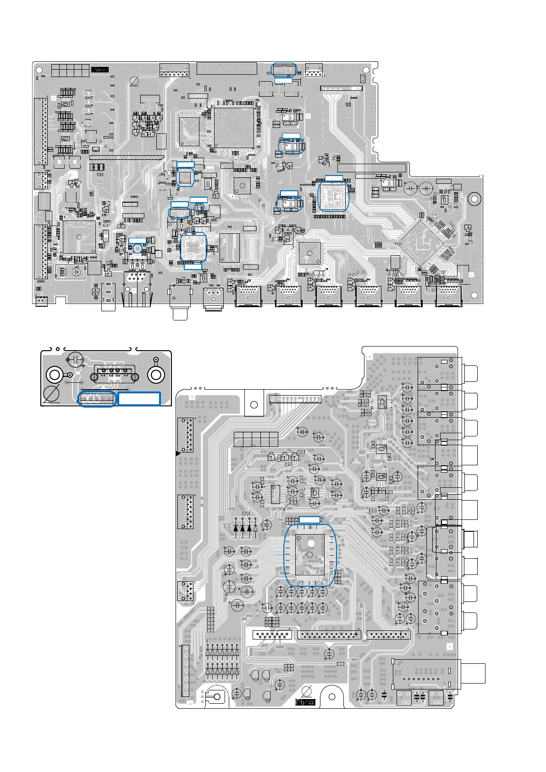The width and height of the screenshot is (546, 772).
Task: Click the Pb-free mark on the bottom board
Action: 305,702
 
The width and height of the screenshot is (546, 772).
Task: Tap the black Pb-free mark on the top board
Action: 99,70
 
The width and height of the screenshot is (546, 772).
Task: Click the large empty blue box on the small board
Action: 139,399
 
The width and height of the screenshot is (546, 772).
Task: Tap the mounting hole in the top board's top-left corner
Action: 39,70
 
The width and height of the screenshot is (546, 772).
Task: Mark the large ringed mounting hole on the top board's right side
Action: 474,199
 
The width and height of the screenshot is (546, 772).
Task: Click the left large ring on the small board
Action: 54,375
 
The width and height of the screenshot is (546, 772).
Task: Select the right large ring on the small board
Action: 156,375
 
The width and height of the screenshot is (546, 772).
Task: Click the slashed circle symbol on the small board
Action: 51,394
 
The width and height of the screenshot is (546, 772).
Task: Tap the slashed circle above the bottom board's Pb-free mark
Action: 308,691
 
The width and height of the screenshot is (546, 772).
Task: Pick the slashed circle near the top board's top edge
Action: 135,82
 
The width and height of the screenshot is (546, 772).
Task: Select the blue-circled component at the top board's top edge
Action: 284,70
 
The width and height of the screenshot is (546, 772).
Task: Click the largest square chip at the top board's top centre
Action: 234,128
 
